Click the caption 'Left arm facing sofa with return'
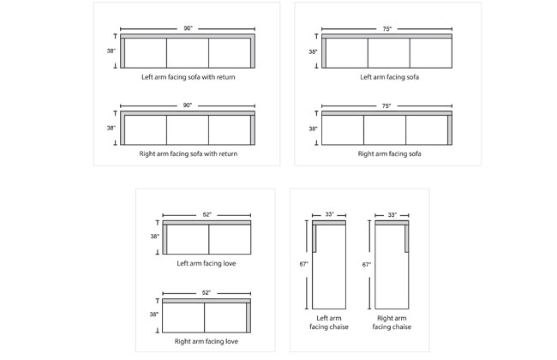point(189,77)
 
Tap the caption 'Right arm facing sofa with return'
point(189,154)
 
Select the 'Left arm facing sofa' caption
point(389,77)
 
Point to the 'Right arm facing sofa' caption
point(389,154)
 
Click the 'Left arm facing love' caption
point(207,263)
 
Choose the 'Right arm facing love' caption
point(207,341)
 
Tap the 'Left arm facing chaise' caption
point(329,322)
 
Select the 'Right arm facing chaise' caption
point(392,322)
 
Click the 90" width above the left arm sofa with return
point(188,28)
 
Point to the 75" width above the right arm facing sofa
point(386,106)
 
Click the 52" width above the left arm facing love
point(207,214)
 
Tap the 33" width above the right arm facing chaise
point(392,214)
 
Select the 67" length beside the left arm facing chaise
point(303,264)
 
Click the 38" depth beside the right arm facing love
point(153,315)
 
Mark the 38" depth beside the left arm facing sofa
point(313,52)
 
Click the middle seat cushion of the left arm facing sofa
point(389,53)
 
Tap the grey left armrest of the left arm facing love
point(165,239)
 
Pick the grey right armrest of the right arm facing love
point(249,317)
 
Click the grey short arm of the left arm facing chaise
point(314,238)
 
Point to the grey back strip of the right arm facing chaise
point(392,223)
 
